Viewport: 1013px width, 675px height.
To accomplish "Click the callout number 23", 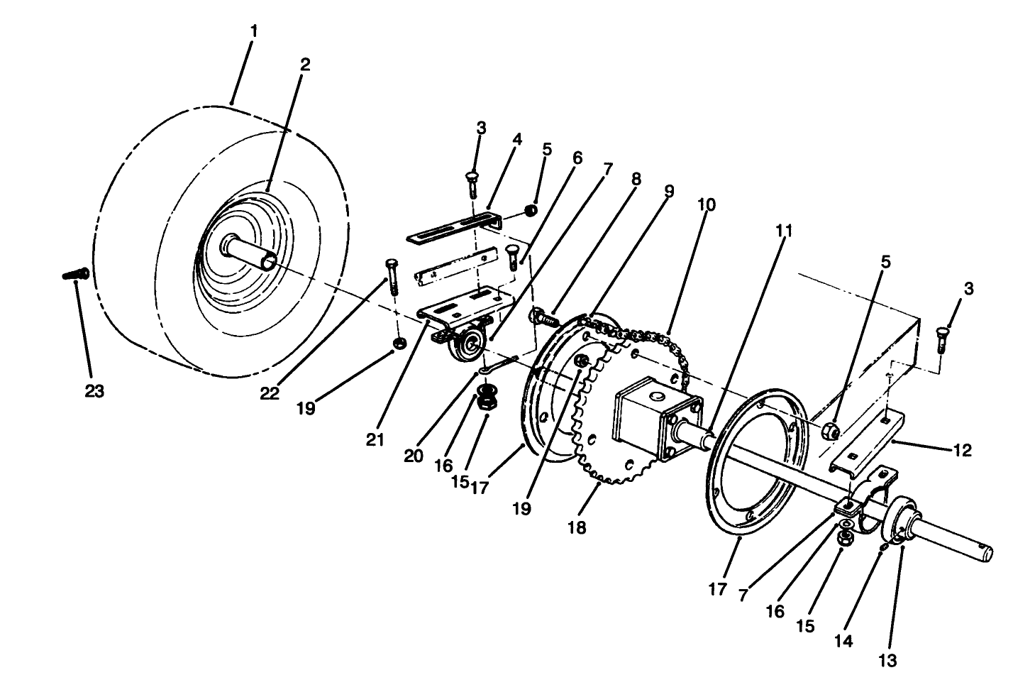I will (x=94, y=390).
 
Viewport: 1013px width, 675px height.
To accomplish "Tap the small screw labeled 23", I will (x=74, y=273).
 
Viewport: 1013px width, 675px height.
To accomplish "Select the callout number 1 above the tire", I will (x=254, y=31).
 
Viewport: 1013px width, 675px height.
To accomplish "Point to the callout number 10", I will (x=706, y=205).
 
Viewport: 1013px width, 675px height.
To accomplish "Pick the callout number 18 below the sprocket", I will (x=577, y=527).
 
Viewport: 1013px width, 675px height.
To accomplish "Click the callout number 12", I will (x=963, y=450).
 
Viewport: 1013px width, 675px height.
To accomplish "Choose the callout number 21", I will (x=375, y=439).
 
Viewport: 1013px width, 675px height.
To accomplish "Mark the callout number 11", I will (x=783, y=231).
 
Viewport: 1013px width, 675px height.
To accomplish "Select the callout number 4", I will (x=516, y=139).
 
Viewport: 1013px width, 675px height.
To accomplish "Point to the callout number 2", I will (x=304, y=64).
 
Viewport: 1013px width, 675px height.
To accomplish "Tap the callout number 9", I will (x=669, y=191).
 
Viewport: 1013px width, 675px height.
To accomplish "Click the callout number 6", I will (x=576, y=158).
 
